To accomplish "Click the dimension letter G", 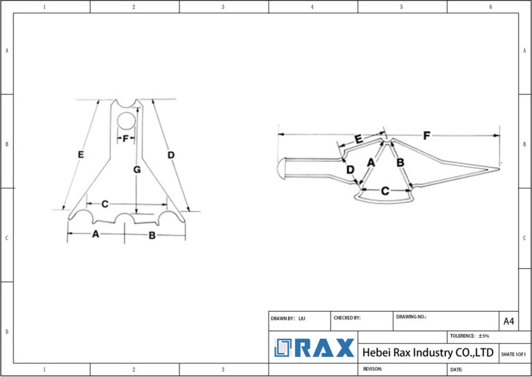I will tap(137, 170).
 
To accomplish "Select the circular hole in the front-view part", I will tap(126, 121).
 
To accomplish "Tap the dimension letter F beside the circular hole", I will tap(126, 139).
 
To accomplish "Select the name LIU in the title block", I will tap(302, 318).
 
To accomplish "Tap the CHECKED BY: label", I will tap(347, 318).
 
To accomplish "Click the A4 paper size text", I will tap(508, 322).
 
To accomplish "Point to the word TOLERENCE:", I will tap(462, 335).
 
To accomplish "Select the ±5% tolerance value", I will tap(484, 335).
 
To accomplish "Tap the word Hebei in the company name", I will tap(378, 353).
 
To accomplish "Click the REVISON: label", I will tap(375, 369).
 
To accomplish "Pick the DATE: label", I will tap(456, 369).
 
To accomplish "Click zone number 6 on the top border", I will tap(490, 7).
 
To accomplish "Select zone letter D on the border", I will tap(6, 332).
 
